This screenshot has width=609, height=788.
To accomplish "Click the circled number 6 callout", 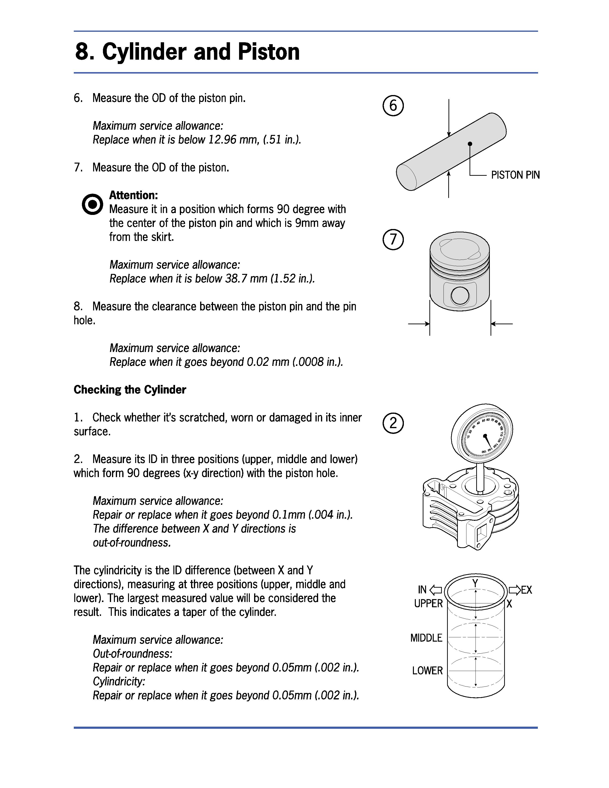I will click(x=393, y=106).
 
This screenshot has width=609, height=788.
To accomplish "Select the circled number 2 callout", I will click(x=393, y=423).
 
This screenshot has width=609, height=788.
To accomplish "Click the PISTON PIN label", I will click(x=515, y=175).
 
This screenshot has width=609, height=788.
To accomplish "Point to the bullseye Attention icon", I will click(x=92, y=204).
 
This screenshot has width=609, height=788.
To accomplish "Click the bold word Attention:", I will click(x=134, y=195).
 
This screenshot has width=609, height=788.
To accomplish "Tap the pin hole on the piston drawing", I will click(x=460, y=296).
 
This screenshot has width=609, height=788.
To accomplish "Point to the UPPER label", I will click(x=428, y=604).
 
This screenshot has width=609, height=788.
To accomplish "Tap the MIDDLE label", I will click(x=426, y=638).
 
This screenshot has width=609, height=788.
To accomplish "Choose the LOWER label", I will click(x=427, y=671).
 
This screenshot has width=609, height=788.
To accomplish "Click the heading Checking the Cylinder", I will click(x=130, y=390).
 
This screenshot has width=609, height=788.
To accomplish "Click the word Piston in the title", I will click(x=268, y=52).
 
